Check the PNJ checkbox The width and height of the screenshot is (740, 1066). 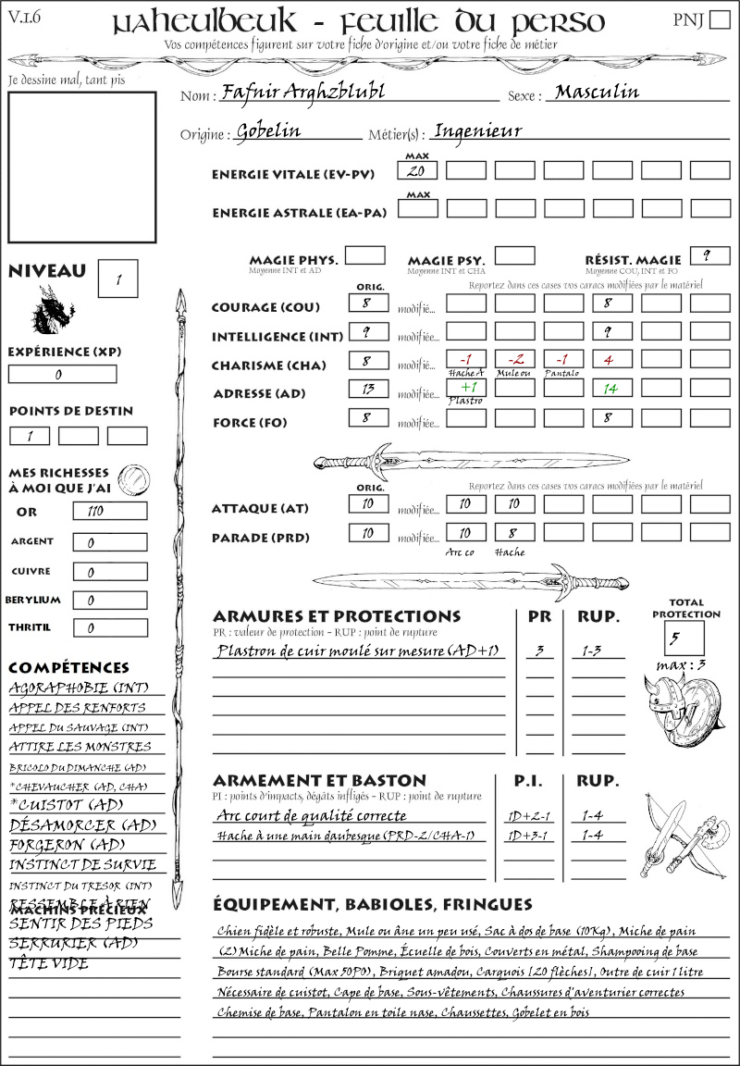coord(718,20)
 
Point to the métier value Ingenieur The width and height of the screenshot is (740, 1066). coord(477,131)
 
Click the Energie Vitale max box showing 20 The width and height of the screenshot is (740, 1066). coord(418,170)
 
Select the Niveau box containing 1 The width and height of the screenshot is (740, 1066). coord(120,277)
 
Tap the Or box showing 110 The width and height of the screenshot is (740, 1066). coord(109,512)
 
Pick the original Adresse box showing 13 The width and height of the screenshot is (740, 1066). coord(368,389)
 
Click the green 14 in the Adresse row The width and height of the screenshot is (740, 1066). coord(611,389)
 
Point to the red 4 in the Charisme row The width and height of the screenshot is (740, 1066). coord(611,359)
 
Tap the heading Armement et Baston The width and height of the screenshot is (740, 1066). coord(319,780)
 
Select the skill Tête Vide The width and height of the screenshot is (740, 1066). coord(49,963)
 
